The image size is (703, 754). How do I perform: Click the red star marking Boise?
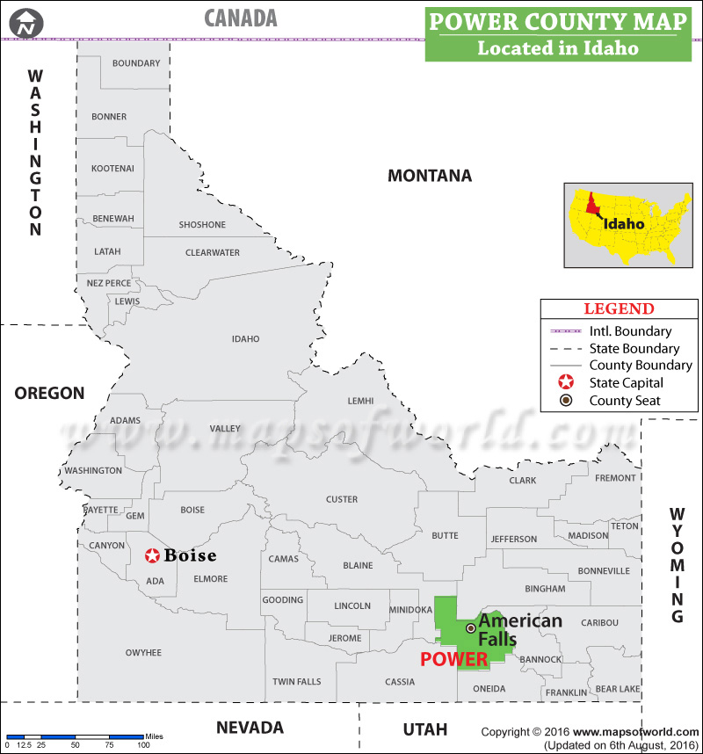(152, 555)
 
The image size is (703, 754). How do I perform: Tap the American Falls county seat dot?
(471, 628)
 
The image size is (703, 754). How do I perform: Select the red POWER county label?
(453, 659)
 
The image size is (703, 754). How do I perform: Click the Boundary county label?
(136, 63)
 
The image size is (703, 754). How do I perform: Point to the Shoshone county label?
(202, 225)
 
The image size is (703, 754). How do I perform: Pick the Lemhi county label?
(360, 401)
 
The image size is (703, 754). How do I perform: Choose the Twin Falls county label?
(296, 682)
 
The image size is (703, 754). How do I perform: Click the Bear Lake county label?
(618, 690)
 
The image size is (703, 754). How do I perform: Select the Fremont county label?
(615, 478)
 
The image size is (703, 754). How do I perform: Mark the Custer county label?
(342, 499)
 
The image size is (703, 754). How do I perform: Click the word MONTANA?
(430, 176)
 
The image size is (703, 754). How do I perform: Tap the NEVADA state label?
(250, 728)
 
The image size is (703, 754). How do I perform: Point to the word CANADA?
(240, 18)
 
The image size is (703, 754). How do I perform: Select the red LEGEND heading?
(620, 309)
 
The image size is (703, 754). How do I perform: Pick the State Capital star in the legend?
(567, 383)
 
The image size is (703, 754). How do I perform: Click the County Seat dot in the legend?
(567, 401)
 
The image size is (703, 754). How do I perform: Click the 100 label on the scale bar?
(143, 745)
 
